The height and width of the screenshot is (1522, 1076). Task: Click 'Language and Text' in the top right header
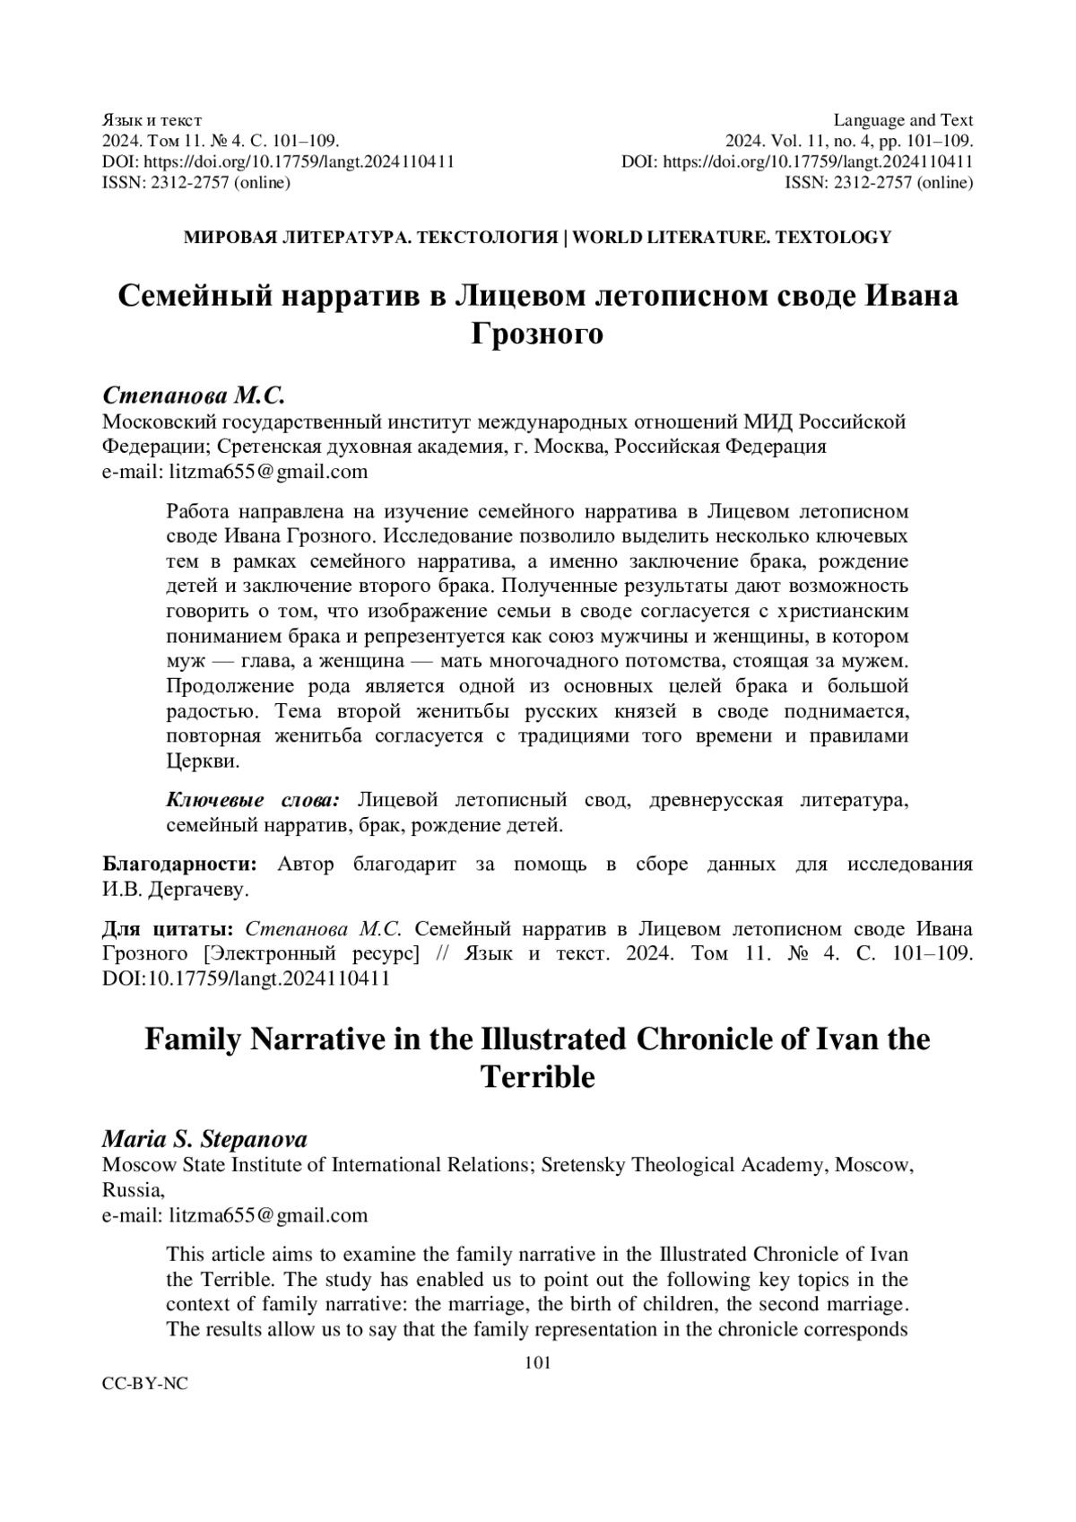(x=903, y=120)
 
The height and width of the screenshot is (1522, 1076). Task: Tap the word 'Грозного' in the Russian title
(x=537, y=334)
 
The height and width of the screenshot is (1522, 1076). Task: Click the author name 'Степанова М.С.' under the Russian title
(x=194, y=396)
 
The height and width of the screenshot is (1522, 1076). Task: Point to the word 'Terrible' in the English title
(x=537, y=1076)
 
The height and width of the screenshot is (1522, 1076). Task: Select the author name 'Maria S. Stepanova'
(x=205, y=1139)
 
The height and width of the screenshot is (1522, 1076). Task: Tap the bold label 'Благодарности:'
(x=179, y=865)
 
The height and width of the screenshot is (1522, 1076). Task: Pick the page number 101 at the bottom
(x=537, y=1363)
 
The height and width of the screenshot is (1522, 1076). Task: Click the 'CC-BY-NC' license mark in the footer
(x=145, y=1384)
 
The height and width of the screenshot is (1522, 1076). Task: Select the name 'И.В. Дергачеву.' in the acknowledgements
(x=176, y=890)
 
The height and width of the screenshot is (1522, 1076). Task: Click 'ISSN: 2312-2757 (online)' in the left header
(x=196, y=183)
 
